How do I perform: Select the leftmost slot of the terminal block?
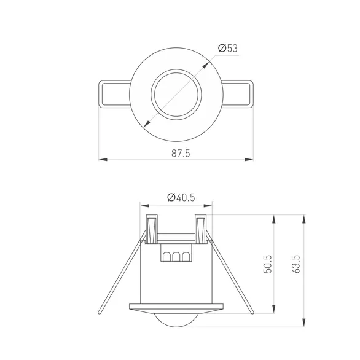[x=166, y=257]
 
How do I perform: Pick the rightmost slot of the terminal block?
[x=185, y=257]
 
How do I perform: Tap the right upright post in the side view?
[x=202, y=229]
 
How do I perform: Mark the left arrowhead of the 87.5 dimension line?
[x=102, y=160]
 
